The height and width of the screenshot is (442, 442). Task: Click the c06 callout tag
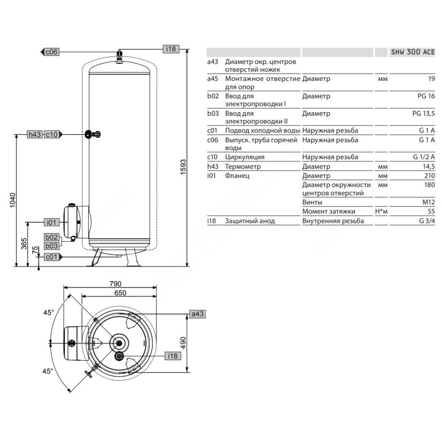(50, 52)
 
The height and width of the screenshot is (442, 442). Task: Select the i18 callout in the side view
(171, 49)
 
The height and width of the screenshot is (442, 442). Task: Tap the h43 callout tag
(35, 134)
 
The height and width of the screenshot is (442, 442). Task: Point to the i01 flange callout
(52, 222)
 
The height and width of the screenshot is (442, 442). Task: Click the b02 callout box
(52, 237)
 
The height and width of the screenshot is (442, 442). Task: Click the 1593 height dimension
(183, 167)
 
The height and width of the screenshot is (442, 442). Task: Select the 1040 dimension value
(13, 200)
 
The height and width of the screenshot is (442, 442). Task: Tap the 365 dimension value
(24, 244)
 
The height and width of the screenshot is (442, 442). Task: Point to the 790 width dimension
(115, 284)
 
